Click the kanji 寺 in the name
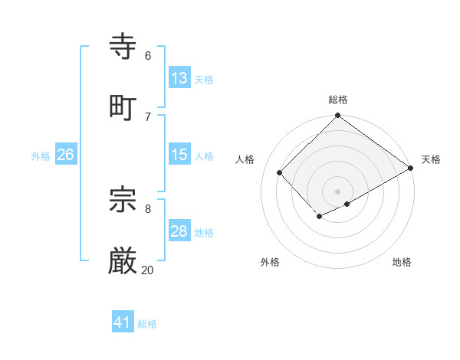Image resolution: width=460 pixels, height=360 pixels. click(x=123, y=47)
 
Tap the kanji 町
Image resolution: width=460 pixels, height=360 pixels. click(x=123, y=107)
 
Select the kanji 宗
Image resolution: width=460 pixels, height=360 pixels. click(x=123, y=200)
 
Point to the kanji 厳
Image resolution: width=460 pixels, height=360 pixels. click(x=123, y=261)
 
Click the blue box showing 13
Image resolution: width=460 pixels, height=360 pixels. click(x=179, y=78)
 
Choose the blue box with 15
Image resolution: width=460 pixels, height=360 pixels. click(x=179, y=155)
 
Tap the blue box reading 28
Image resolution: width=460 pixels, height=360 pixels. click(x=179, y=231)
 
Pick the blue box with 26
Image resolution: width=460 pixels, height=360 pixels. click(x=65, y=155)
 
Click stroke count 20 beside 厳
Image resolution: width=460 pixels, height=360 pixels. click(x=147, y=270)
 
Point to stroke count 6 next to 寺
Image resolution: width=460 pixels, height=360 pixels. click(x=147, y=55)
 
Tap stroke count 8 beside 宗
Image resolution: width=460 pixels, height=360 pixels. click(x=147, y=208)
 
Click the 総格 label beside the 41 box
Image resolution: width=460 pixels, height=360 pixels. click(x=147, y=324)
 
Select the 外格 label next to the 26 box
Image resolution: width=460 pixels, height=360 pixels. click(x=41, y=155)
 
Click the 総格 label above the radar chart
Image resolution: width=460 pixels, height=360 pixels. click(x=338, y=100)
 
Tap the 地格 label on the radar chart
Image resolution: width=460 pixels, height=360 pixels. click(x=402, y=263)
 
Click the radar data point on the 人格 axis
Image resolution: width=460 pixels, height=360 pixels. click(x=280, y=172)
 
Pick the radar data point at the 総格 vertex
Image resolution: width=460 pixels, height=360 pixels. click(x=337, y=116)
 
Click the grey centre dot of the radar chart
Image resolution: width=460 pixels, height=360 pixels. click(x=337, y=191)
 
